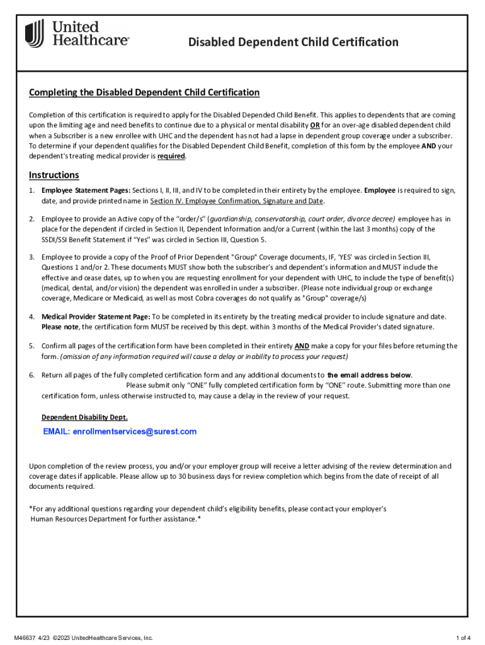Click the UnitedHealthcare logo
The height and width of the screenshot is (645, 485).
77,33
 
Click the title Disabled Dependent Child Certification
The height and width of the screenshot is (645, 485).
294,42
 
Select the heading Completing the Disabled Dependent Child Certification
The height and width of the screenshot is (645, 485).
144,93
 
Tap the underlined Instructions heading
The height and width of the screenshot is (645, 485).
54,174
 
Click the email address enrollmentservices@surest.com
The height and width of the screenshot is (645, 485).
120,431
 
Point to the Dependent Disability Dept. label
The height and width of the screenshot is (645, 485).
84,417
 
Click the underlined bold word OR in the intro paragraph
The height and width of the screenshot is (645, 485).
315,125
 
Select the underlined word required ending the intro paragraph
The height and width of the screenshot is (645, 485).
171,156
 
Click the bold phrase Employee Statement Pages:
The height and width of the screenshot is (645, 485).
86,190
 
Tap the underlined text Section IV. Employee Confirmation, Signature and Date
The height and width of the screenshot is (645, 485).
237,201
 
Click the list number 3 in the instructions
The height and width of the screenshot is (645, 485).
31,257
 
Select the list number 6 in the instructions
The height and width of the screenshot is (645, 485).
31,375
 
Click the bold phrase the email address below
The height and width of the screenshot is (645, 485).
369,375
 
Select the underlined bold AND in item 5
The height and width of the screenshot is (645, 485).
302,346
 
